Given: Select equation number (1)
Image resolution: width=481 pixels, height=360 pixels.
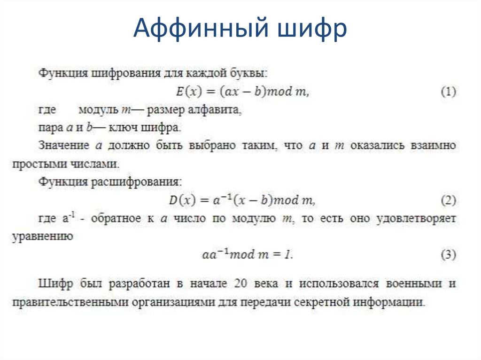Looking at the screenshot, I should pos(448,92).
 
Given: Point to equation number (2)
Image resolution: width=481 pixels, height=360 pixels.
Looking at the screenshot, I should pos(448,201).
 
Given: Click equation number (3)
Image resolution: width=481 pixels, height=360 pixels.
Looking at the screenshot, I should pos(448,255).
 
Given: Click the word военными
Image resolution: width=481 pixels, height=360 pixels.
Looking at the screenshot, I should pos(414,284).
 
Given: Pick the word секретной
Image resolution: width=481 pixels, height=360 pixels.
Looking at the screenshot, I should pos(323,302).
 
